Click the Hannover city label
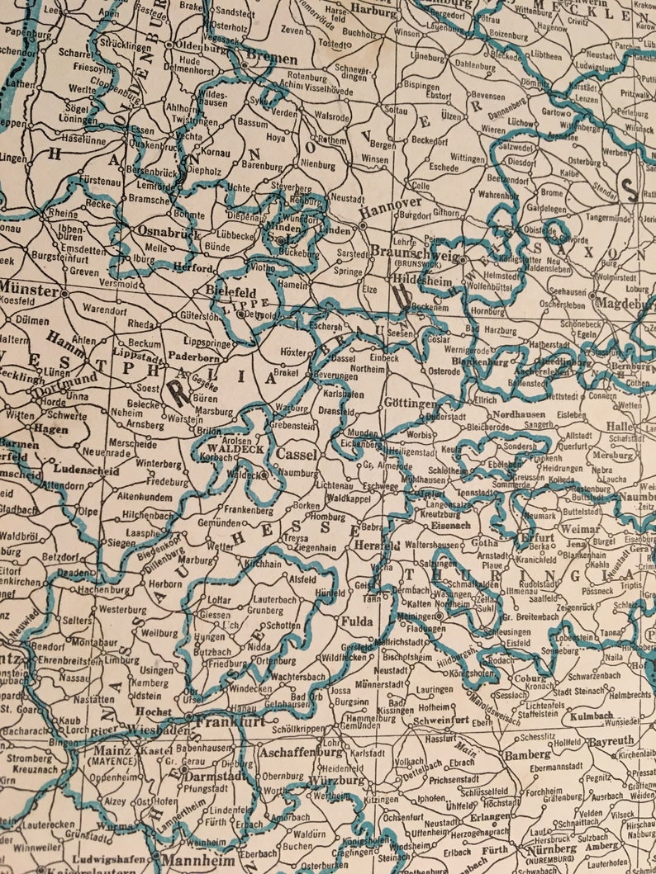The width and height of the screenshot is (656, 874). pyautogui.click(x=392, y=203)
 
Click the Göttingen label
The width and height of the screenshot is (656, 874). pyautogui.click(x=410, y=403)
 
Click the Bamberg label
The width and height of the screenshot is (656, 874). pyautogui.click(x=527, y=754)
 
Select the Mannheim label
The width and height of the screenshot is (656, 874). pyautogui.click(x=184, y=858)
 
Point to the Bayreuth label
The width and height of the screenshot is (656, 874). pyautogui.click(x=611, y=741)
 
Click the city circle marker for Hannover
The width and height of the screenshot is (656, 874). pyautogui.click(x=364, y=224)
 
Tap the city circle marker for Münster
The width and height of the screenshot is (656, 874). pyautogui.click(x=64, y=292)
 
